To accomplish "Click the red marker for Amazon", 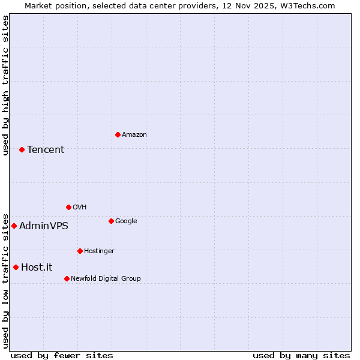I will coord(118,134).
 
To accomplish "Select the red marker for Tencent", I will coord(22,149).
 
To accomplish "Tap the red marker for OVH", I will coord(68,207).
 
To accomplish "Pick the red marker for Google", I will coord(111,221).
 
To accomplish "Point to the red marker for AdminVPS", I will coord(14,226).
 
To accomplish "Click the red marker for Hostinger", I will coord(80,251).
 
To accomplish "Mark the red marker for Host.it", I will coord(16,267).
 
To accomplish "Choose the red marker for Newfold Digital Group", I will coord(67,278).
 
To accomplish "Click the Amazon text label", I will coord(134,135).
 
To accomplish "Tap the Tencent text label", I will coord(46,150).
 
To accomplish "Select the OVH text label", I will coord(80,208).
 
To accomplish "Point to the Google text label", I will coord(126,221).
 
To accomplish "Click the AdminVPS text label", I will coord(44,226).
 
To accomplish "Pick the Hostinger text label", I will coord(99,251).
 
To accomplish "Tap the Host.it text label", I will coord(37,268).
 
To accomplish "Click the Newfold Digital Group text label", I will coord(106,279).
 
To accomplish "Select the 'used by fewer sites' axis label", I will coord(62,355).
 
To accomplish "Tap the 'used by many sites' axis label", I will coord(301,355).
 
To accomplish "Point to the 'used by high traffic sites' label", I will coord(5,85).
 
